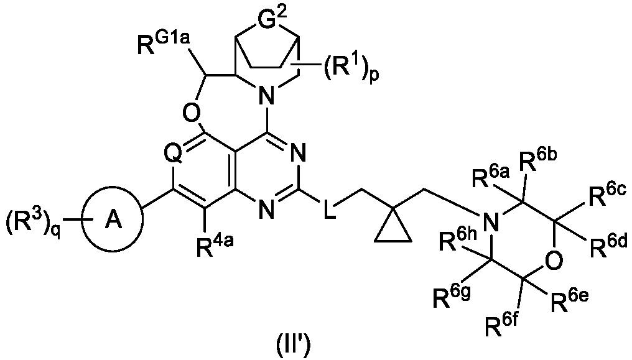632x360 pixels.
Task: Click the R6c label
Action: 608,195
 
